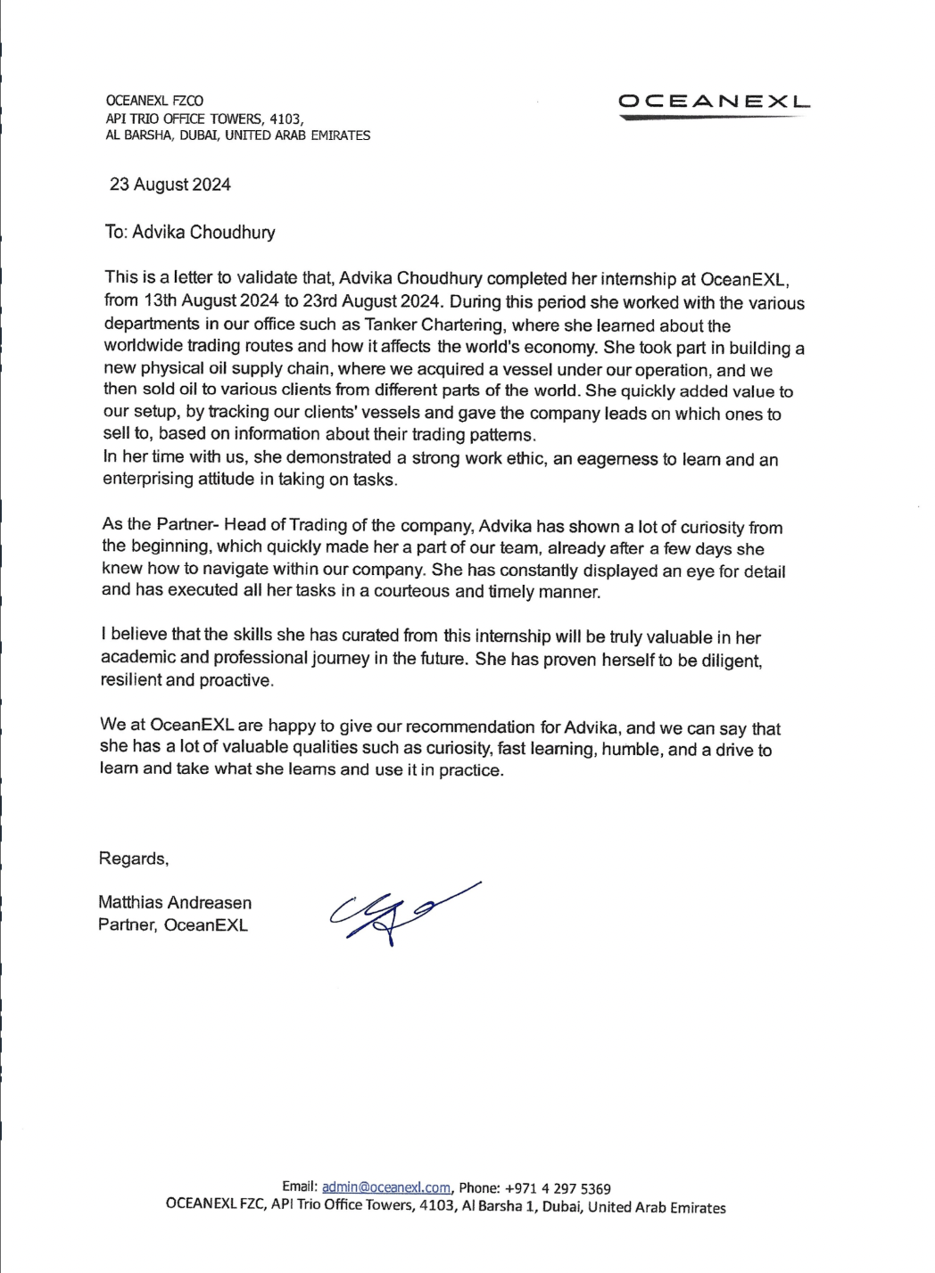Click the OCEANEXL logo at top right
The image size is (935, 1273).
coord(715,103)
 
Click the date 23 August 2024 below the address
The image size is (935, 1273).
coord(170,185)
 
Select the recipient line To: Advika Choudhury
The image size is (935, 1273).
coord(190,233)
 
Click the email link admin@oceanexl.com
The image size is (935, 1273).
coord(385,1187)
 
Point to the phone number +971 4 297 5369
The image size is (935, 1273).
coord(558,1188)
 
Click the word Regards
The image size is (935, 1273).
coord(133,858)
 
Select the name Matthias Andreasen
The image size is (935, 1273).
coord(175,903)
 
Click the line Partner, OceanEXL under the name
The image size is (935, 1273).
coord(173,924)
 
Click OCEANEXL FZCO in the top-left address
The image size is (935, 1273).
coord(154,102)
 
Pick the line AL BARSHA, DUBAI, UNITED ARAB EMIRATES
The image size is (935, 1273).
coord(237,136)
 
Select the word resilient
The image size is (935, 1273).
coord(133,680)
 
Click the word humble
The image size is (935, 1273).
coord(632,750)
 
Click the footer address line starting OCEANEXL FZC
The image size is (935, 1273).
coord(446,1208)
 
